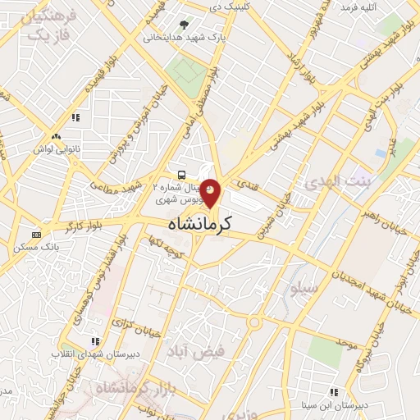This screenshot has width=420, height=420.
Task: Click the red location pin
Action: [x=211, y=192]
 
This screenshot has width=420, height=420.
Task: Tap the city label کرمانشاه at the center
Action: [x=200, y=222]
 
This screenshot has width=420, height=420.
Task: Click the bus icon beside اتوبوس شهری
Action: [x=180, y=175]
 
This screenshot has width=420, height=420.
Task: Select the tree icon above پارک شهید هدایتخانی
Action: [x=182, y=25]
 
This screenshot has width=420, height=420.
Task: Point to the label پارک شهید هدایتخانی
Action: [x=185, y=37]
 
